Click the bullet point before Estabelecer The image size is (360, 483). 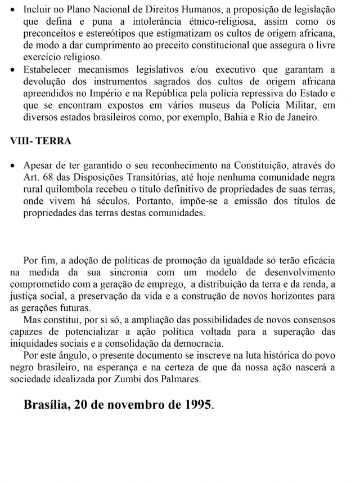coord(13,69)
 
